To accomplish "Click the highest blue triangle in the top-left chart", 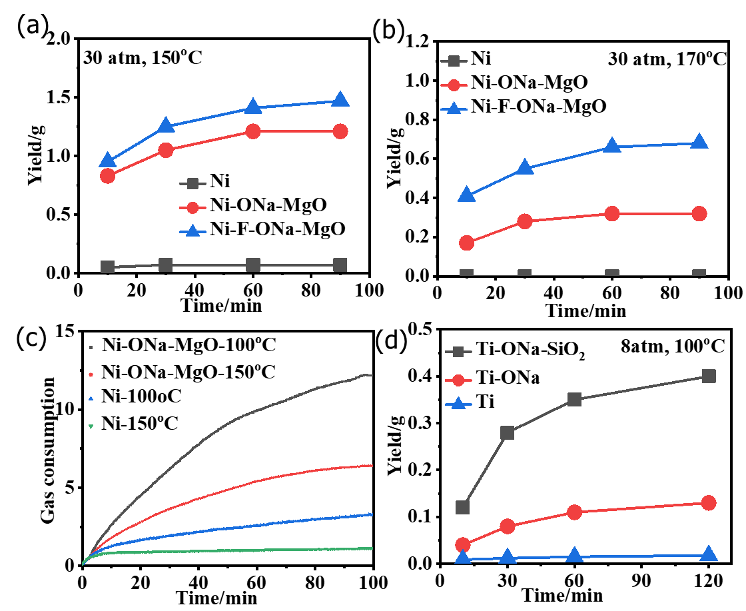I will (x=340, y=99).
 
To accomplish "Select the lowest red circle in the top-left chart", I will (x=107, y=176).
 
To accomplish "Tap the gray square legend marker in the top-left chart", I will (x=192, y=184).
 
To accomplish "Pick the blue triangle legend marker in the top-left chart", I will (x=192, y=231).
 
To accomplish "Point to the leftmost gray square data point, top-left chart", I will (x=107, y=267).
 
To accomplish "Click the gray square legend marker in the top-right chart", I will (x=454, y=61).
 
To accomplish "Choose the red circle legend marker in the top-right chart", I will (x=454, y=85).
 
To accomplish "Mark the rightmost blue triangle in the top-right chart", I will (x=699, y=141).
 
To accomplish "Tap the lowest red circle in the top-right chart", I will (x=466, y=243).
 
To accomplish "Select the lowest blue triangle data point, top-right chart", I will (x=466, y=195).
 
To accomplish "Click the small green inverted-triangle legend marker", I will (x=91, y=426).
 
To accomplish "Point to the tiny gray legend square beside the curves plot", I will (x=91, y=348).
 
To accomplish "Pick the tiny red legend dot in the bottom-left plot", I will (x=91, y=375).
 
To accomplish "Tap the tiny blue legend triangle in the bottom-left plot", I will (x=91, y=398).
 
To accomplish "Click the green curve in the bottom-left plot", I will (x=266, y=550).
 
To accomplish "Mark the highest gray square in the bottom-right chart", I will (x=709, y=376).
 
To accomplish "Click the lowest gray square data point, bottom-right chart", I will (x=462, y=507).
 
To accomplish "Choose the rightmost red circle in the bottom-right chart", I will (x=709, y=502).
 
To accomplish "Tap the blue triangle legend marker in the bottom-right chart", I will (x=458, y=403).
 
